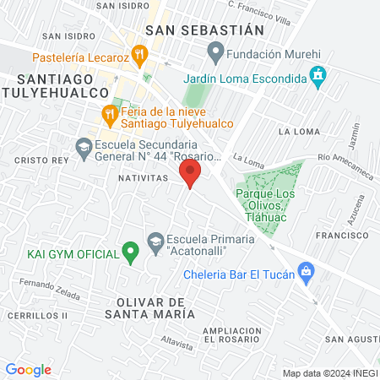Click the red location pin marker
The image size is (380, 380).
(191, 175)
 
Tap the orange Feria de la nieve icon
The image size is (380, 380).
(109, 112)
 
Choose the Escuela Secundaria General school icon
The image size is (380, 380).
(84, 148)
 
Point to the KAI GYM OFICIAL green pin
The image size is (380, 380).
(130, 251)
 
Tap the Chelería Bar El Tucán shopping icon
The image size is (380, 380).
(307, 273)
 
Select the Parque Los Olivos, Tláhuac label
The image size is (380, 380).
(269, 200)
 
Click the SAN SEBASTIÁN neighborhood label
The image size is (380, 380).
(204, 30)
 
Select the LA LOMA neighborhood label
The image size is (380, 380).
(296, 132)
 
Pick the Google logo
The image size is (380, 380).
(28, 369)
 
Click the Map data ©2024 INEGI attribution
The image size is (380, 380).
(329, 373)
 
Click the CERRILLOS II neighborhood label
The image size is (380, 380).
(33, 315)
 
